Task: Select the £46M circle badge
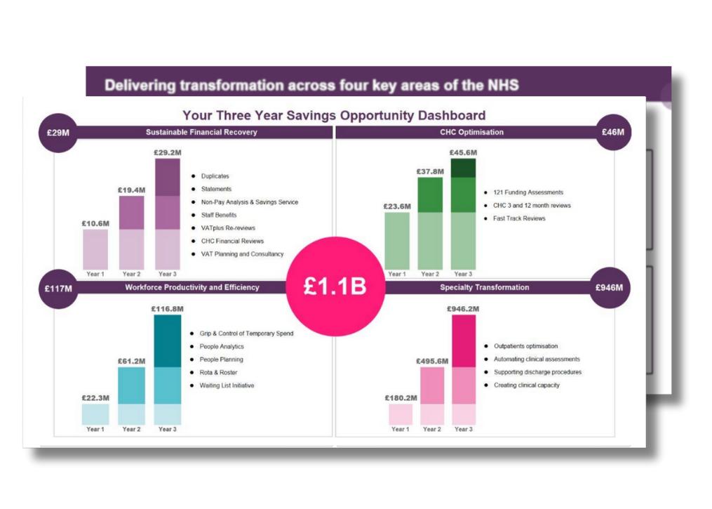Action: pyautogui.click(x=612, y=132)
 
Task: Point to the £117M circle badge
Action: pyautogui.click(x=58, y=288)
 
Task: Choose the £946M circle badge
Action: pyautogui.click(x=610, y=287)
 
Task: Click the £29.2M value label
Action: pyautogui.click(x=168, y=152)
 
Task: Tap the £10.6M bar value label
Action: pyautogui.click(x=95, y=223)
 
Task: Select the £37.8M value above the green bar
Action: pyautogui.click(x=430, y=171)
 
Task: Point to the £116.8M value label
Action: pyautogui.click(x=167, y=308)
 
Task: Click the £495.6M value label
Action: pyautogui.click(x=432, y=361)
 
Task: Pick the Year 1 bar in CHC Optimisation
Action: pyautogui.click(x=397, y=240)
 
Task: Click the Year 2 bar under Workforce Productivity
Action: pyautogui.click(x=131, y=395)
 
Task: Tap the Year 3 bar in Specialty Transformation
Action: pyautogui.click(x=463, y=369)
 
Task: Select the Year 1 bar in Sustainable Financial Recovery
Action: pyautogui.click(x=95, y=249)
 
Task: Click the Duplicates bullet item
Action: pyautogui.click(x=215, y=176)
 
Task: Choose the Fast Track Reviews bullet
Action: pyautogui.click(x=518, y=218)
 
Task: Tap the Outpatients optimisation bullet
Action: pyautogui.click(x=525, y=346)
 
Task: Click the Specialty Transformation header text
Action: pyautogui.click(x=484, y=287)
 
